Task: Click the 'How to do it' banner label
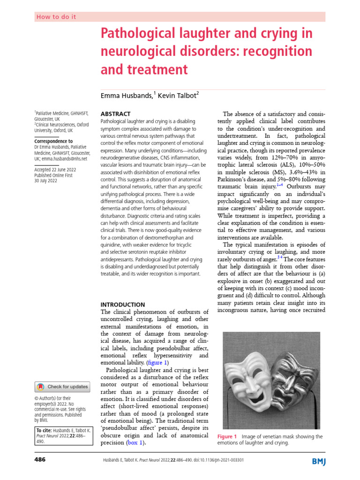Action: pos(56,17)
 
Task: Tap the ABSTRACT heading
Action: pos(116,114)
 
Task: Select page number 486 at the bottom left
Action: pos(40,460)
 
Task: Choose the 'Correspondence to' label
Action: pos(53,141)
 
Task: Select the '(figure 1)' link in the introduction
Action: pos(156,362)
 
